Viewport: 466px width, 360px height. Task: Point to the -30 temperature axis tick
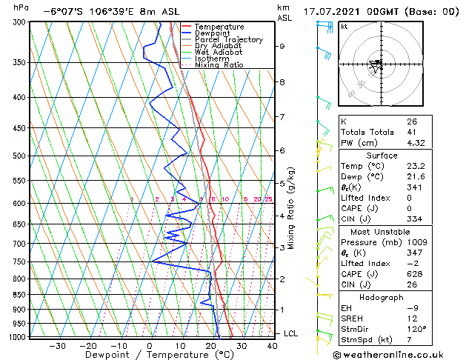[x=57, y=345]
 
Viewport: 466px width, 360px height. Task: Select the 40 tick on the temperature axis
[x=271, y=345]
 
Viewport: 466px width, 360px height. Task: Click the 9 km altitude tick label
[x=282, y=46]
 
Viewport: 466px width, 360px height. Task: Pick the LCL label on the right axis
[x=291, y=333]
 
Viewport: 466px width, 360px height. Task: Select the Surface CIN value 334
[x=413, y=219]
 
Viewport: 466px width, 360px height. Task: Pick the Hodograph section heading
[x=382, y=297]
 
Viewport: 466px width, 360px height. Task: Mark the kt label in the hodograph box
[x=344, y=26]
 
